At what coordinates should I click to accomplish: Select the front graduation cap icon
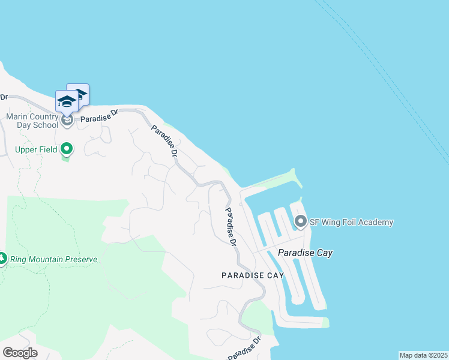click(x=67, y=101)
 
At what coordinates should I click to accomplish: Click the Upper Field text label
click(x=36, y=149)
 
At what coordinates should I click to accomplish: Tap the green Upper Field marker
click(x=67, y=148)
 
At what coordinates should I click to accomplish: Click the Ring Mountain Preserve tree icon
click(x=2, y=259)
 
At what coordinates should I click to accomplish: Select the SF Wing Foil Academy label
click(x=351, y=222)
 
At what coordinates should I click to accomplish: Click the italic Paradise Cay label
click(x=306, y=253)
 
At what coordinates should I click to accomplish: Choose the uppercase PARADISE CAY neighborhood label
click(x=252, y=275)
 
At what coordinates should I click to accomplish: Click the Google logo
click(x=20, y=352)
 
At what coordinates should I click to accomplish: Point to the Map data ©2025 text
click(x=423, y=355)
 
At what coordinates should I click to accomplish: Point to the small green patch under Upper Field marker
click(x=65, y=158)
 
